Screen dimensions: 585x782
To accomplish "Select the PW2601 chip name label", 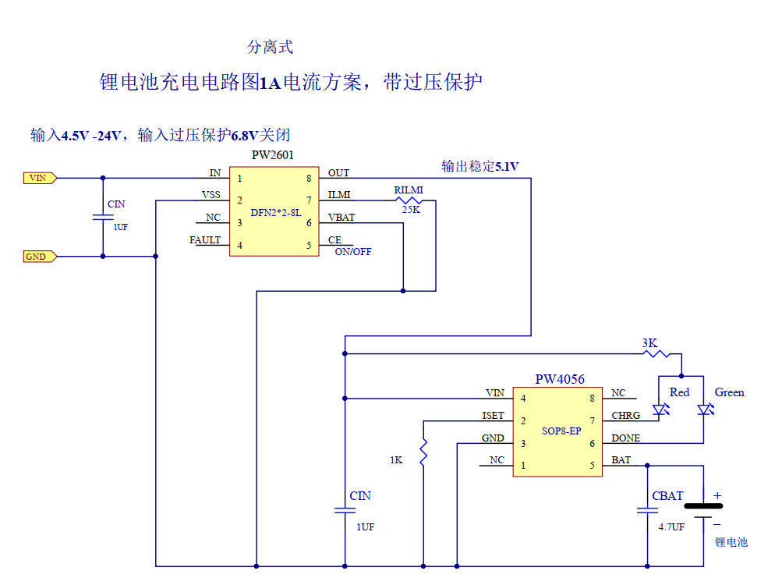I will (272, 155).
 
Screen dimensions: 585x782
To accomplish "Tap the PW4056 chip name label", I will (559, 379).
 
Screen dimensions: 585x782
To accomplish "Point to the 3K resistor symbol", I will (656, 353).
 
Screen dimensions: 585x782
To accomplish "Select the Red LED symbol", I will (661, 409).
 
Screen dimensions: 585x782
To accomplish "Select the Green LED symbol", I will (705, 409).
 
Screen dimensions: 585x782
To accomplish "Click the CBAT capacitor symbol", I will (646, 510).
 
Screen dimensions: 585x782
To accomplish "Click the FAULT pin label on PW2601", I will (205, 240).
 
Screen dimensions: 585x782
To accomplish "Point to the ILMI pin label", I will (339, 195).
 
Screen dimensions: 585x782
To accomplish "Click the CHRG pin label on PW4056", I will (625, 416).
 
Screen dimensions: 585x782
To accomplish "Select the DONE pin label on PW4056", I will (625, 438).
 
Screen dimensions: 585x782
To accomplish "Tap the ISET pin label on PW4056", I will (493, 416).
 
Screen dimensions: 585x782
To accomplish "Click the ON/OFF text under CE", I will (353, 252).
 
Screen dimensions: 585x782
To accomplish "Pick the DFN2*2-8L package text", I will (275, 212).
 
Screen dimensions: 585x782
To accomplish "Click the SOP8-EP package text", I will (561, 431).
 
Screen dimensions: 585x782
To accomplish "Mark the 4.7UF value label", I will (671, 527).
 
